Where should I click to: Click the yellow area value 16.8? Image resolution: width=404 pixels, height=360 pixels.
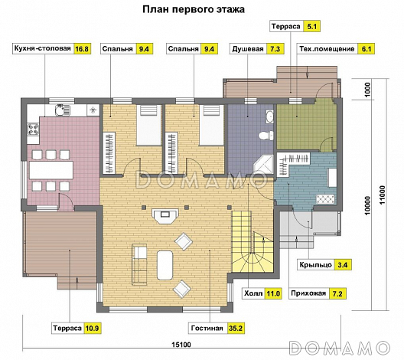coord(81,49)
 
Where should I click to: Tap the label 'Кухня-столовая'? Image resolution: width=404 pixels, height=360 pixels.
coord(42,49)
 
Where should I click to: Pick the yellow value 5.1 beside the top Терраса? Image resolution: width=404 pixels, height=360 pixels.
coord(311,27)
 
